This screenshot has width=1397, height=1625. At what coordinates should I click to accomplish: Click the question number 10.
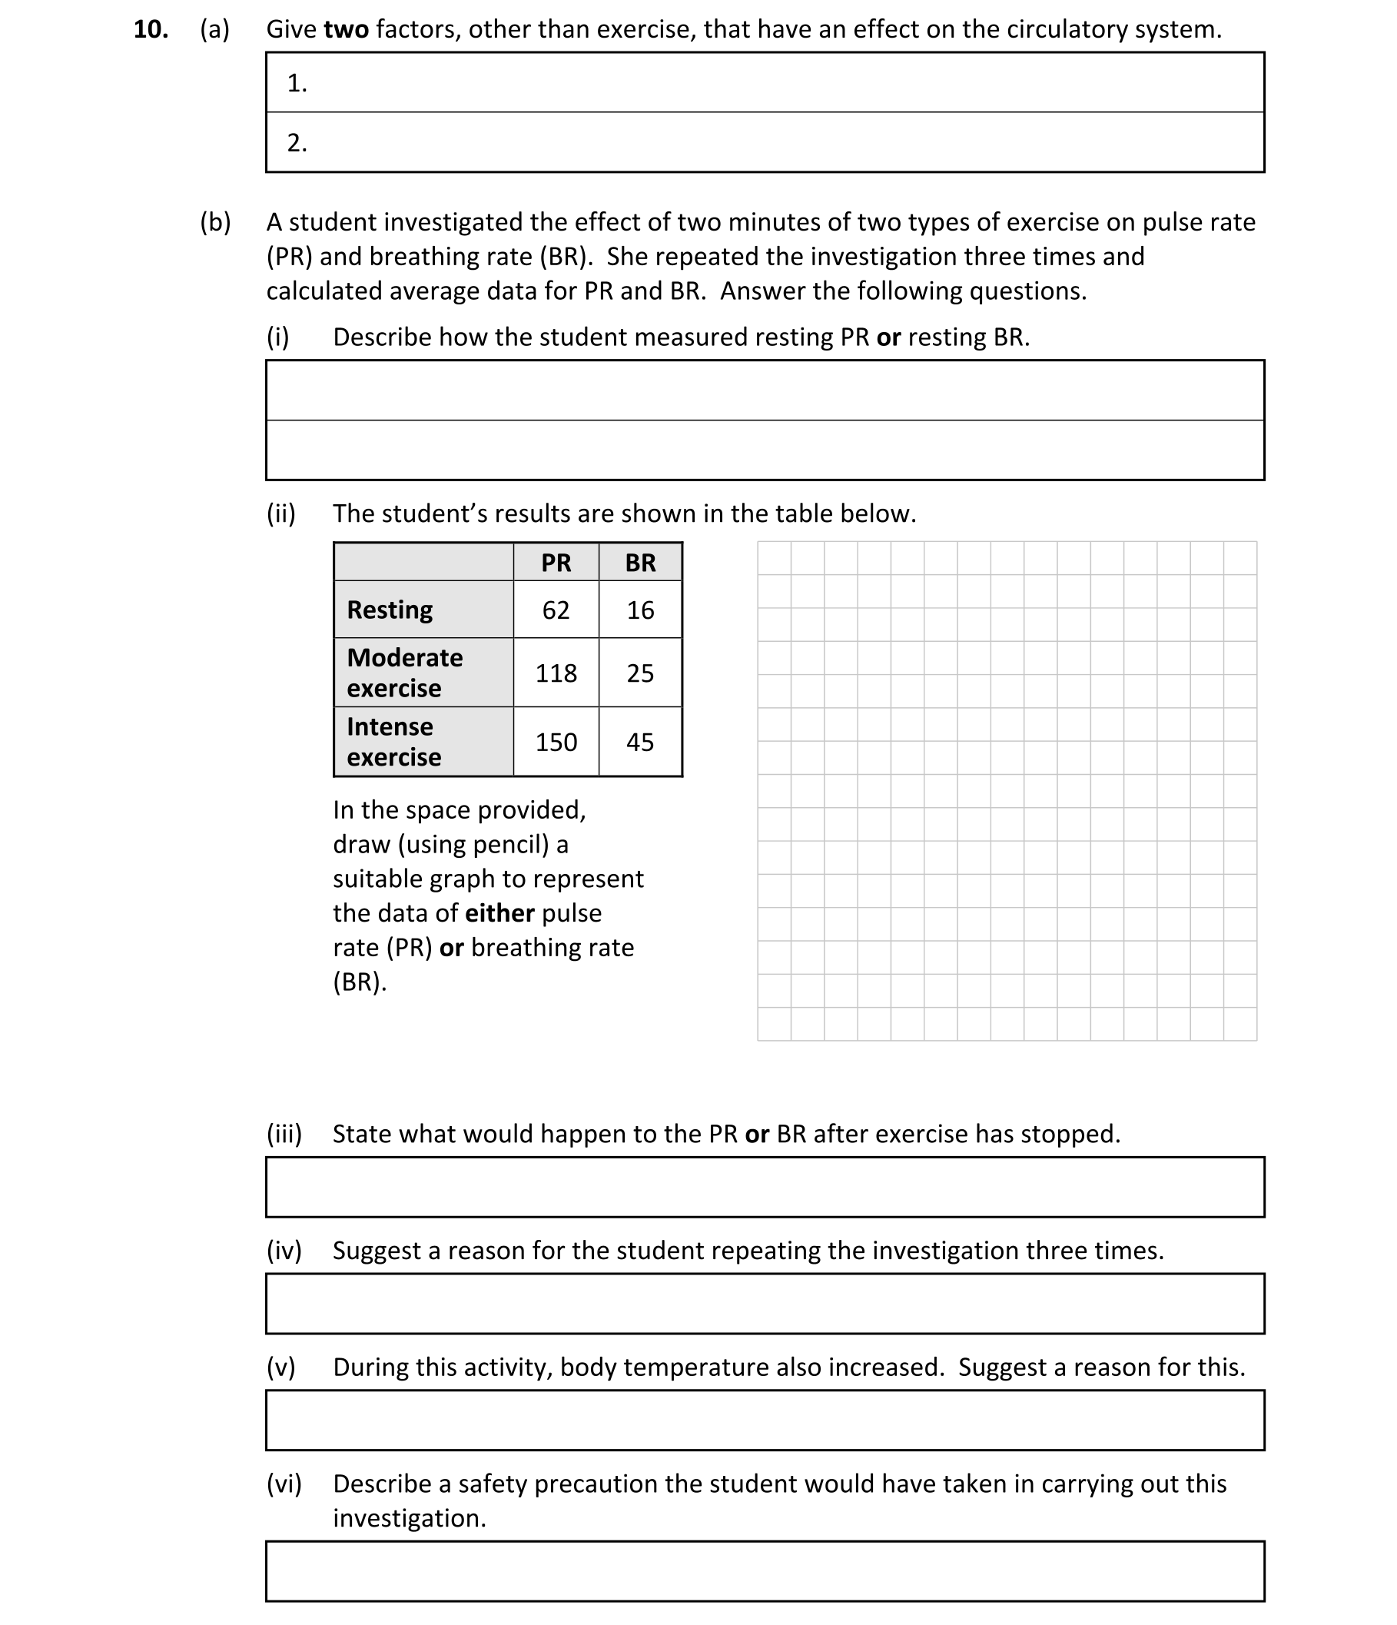[x=151, y=30]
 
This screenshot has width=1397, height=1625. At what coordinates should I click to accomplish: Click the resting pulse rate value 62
[x=556, y=610]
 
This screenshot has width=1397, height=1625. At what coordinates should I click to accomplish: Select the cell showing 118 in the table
[x=556, y=673]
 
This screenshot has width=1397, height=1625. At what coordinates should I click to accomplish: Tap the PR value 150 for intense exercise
[x=556, y=742]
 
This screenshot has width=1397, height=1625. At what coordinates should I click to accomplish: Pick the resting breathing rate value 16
[x=639, y=610]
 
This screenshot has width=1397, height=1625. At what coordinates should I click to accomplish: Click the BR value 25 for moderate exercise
[x=639, y=673]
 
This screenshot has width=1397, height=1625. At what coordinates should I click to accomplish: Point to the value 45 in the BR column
[x=639, y=742]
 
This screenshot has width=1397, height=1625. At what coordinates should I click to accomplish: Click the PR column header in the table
[x=556, y=563]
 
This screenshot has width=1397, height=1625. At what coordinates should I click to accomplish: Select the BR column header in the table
[x=639, y=563]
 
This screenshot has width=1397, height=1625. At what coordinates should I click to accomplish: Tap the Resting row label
[x=390, y=610]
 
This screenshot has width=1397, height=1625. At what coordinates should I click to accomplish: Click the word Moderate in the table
[x=404, y=657]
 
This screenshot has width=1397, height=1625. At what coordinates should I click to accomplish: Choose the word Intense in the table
[x=390, y=727]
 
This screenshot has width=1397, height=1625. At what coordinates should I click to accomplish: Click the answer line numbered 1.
[x=765, y=83]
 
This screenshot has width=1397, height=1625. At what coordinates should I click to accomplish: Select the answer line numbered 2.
[x=765, y=143]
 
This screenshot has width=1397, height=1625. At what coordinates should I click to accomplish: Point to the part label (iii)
[x=284, y=1134]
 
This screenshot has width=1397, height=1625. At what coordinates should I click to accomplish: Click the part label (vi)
[x=284, y=1484]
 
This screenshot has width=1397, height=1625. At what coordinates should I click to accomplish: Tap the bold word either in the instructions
[x=499, y=914]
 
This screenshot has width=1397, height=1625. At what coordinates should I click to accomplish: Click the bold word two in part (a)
[x=346, y=30]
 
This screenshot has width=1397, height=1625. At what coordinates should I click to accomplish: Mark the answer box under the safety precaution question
[x=765, y=1572]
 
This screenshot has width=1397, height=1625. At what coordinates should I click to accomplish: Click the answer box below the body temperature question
[x=765, y=1421]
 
